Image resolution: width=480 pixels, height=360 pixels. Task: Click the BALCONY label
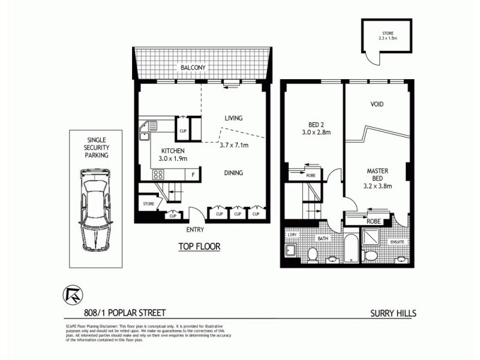(x=193, y=68)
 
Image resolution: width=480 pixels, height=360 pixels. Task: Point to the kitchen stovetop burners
(x=159, y=175)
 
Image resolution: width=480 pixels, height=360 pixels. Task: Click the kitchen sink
(x=147, y=128)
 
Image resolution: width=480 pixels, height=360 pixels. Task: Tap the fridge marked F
(x=193, y=175)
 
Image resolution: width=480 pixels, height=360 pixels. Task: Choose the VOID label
(x=377, y=104)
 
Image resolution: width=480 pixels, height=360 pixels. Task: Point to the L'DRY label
(x=293, y=235)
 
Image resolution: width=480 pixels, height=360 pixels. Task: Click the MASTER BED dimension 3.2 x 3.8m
(x=378, y=186)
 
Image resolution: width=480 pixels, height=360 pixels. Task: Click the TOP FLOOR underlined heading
(x=199, y=246)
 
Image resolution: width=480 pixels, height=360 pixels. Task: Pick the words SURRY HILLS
(x=393, y=313)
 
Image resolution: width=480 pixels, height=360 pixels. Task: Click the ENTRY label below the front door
(x=195, y=230)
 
